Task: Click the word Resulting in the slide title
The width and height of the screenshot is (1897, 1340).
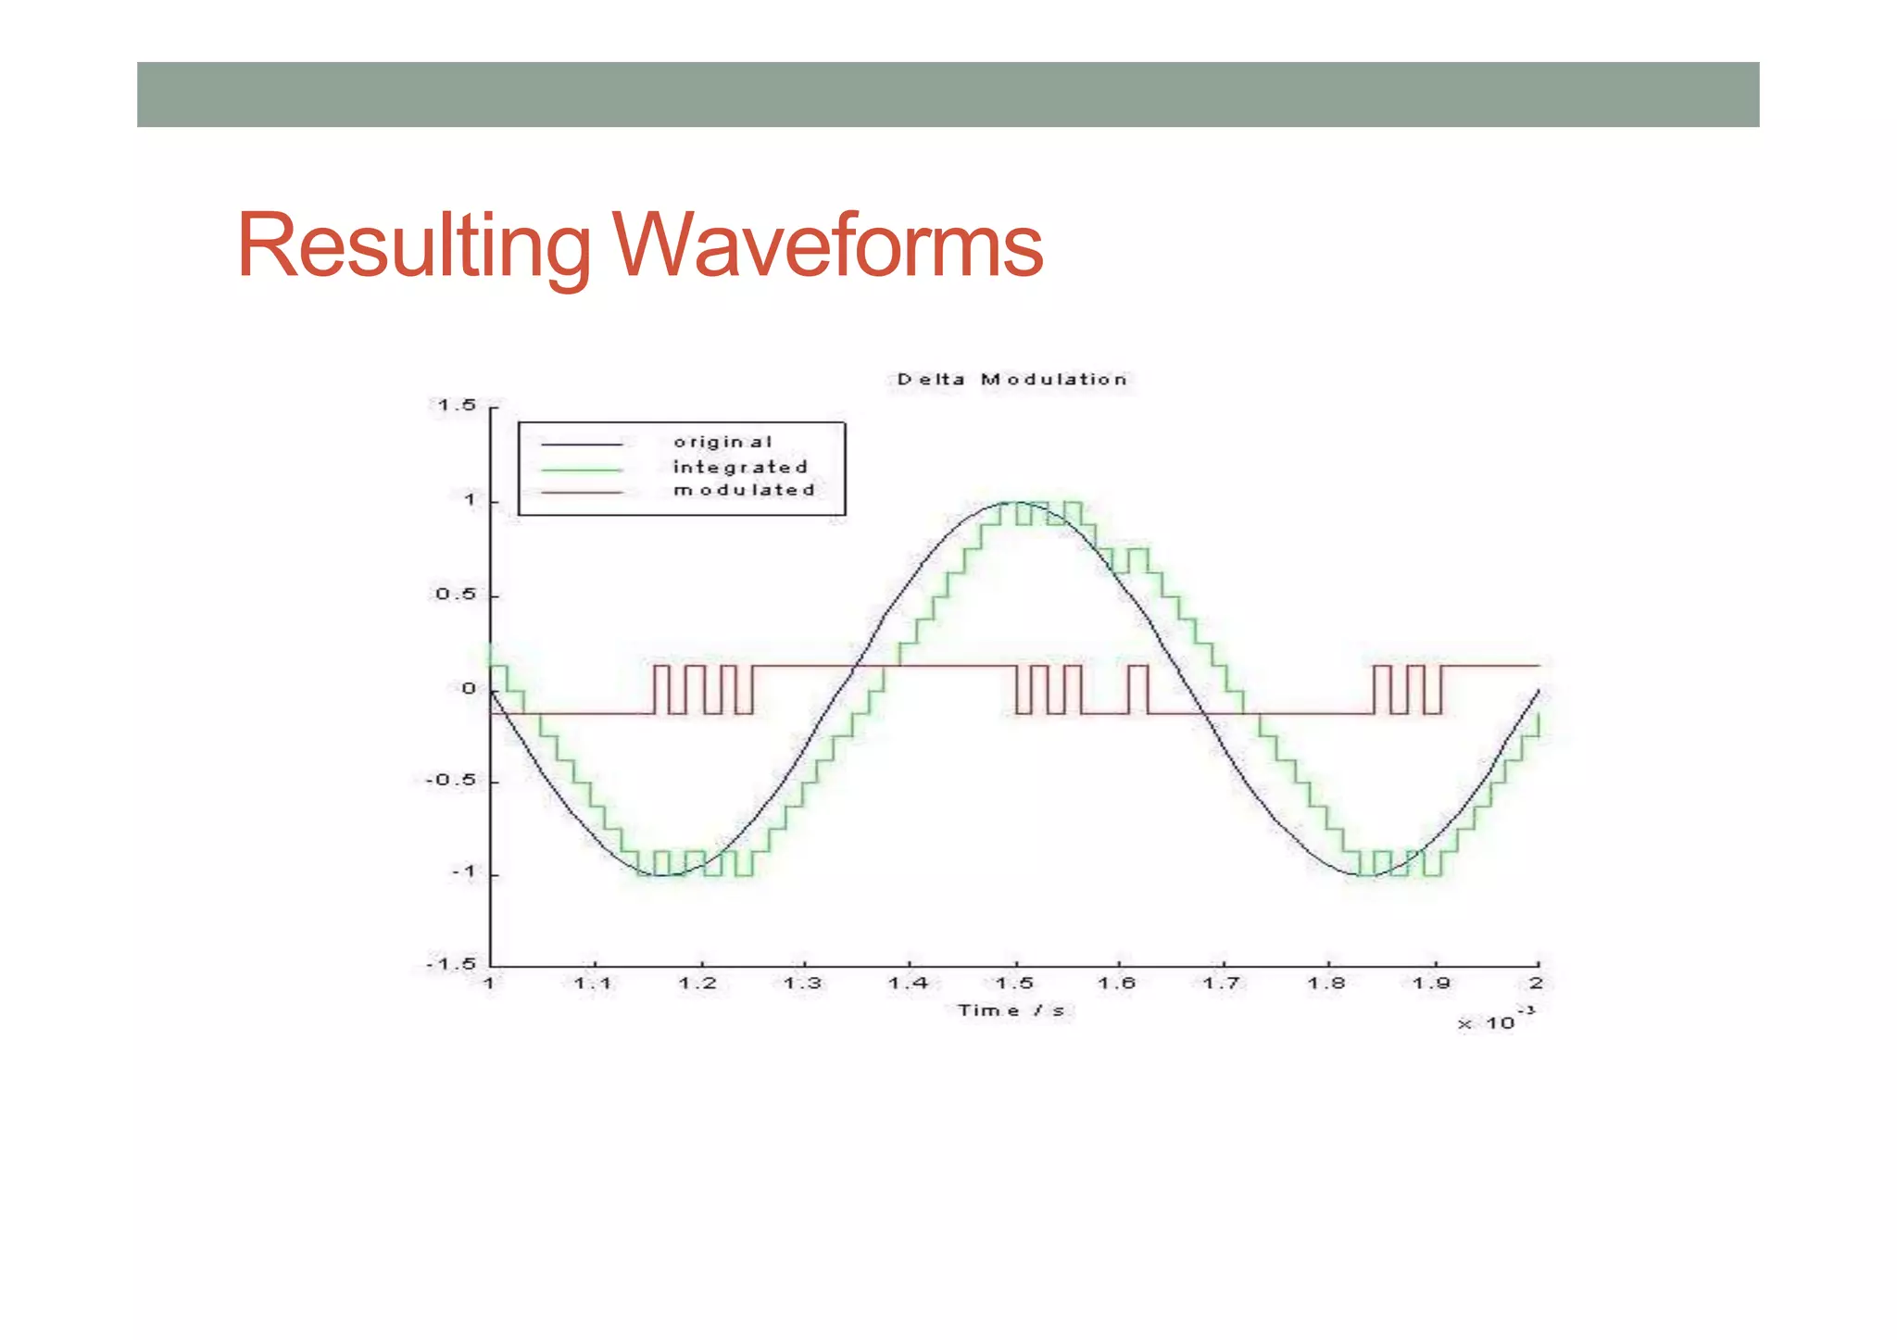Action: (x=413, y=245)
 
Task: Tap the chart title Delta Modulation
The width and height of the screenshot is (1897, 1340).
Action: (x=1011, y=380)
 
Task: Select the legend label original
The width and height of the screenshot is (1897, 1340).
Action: (x=722, y=443)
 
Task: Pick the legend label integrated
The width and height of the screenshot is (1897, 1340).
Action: (x=740, y=467)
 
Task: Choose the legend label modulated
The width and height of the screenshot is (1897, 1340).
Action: (x=744, y=490)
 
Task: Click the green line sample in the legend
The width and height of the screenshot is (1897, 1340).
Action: (x=582, y=469)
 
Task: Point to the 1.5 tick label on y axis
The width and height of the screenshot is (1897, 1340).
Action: (x=456, y=406)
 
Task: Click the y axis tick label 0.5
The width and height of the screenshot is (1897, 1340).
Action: (x=456, y=594)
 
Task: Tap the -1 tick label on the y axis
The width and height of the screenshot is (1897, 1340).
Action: (x=463, y=872)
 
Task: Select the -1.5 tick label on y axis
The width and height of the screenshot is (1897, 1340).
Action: (x=451, y=965)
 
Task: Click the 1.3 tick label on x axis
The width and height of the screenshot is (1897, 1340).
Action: (x=802, y=983)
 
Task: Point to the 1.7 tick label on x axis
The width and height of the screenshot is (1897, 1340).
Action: (x=1221, y=983)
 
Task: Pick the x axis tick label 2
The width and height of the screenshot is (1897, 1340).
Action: (x=1536, y=983)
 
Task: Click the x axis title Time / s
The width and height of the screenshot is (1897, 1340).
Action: (x=1011, y=1010)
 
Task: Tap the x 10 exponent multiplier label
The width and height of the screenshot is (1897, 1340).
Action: (x=1493, y=1021)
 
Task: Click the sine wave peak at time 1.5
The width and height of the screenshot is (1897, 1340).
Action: (x=1015, y=502)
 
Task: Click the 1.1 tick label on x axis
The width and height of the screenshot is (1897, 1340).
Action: (x=593, y=983)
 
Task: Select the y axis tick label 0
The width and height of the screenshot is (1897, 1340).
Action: (x=469, y=689)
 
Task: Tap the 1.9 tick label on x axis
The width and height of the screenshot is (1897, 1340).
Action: (x=1431, y=983)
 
